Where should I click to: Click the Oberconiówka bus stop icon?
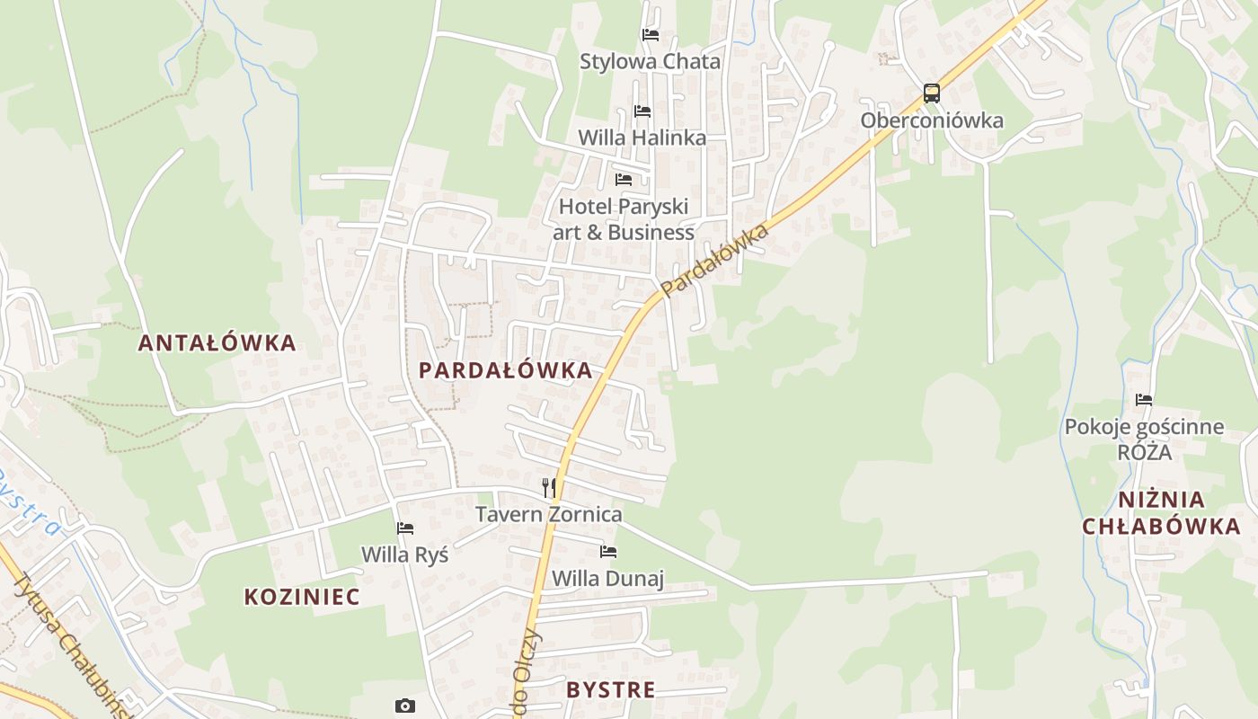(932, 93)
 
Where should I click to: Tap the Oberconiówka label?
(932, 120)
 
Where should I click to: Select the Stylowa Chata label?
(650, 61)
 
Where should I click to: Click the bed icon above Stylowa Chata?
(651, 35)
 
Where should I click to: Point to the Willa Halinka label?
(642, 138)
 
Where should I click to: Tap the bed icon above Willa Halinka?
(642, 111)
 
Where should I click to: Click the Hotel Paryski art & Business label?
(625, 219)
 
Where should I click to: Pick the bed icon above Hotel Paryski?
(624, 180)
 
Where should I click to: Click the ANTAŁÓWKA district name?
(217, 342)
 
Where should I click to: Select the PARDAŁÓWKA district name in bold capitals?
(506, 370)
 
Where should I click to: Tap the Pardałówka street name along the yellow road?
(715, 261)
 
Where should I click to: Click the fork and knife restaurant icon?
(548, 488)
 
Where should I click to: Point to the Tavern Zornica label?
(548, 514)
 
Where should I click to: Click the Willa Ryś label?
(404, 555)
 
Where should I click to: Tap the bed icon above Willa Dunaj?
(608, 552)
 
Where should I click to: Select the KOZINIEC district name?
(302, 597)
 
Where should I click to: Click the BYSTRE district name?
(610, 690)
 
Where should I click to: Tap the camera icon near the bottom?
(405, 706)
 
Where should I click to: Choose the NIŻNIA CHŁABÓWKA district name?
(1161, 513)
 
